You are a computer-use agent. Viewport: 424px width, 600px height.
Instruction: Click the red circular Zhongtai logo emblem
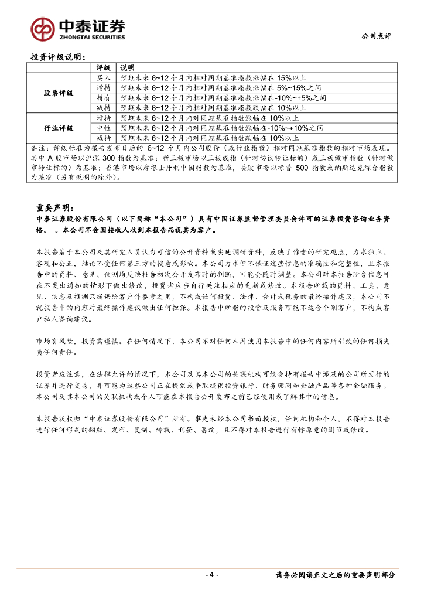click(x=42, y=28)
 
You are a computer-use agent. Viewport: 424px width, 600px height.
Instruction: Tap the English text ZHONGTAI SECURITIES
click(x=92, y=36)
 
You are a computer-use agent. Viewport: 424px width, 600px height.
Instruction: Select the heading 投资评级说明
click(x=58, y=57)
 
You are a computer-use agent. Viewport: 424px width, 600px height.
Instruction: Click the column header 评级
click(x=104, y=68)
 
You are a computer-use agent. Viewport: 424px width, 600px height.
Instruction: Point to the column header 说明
click(x=127, y=68)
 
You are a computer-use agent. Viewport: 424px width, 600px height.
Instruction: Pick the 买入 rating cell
click(x=104, y=77)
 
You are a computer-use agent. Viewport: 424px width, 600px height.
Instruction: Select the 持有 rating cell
click(x=104, y=97)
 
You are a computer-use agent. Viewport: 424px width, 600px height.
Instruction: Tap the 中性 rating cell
click(x=104, y=128)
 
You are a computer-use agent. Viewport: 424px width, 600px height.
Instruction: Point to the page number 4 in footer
click(x=212, y=575)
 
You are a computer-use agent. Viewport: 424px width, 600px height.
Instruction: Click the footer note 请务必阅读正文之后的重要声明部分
click(x=335, y=575)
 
